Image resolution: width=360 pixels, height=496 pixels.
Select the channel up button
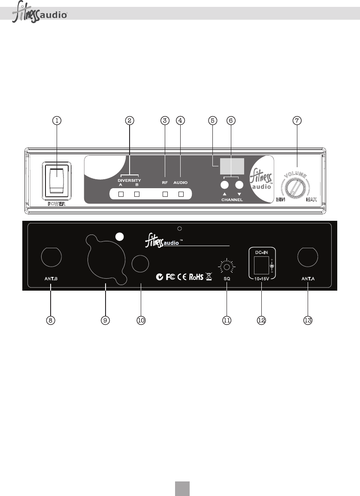click(x=224, y=185)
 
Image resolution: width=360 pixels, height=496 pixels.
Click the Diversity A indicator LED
click(x=121, y=195)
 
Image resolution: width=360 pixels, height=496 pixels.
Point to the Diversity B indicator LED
click(x=137, y=195)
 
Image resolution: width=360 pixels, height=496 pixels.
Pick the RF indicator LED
click(x=165, y=195)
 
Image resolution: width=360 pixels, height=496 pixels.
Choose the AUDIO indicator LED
click(x=181, y=195)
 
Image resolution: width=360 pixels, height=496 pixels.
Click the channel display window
click(x=232, y=166)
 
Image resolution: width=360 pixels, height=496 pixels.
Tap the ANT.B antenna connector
click(x=50, y=258)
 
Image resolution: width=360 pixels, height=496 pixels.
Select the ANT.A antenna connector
click(x=308, y=258)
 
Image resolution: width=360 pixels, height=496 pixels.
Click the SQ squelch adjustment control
click(x=227, y=267)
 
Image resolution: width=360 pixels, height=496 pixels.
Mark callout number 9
click(x=105, y=320)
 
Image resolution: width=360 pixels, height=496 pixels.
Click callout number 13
click(x=308, y=320)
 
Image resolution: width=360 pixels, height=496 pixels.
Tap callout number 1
click(x=57, y=120)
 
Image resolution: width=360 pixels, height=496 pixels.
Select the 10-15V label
click(x=261, y=278)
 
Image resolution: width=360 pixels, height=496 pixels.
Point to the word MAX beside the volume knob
click(x=313, y=200)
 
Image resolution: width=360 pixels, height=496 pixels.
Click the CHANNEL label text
click(x=232, y=200)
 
